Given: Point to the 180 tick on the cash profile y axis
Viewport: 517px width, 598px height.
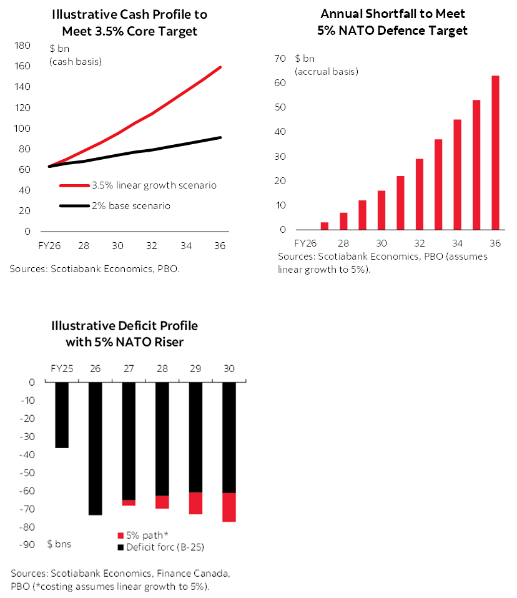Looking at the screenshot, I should tap(23, 46).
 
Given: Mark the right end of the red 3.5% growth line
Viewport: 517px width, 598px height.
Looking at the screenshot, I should tap(220, 67).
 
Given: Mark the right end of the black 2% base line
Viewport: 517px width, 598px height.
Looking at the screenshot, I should tap(220, 137).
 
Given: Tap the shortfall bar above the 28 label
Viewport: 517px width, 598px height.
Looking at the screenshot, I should tap(343, 221).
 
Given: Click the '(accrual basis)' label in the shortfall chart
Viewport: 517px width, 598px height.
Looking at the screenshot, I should tap(327, 71).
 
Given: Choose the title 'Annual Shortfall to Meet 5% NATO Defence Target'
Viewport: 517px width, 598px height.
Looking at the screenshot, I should tap(393, 22).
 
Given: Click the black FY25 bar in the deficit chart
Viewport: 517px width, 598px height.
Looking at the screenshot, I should tap(61, 415).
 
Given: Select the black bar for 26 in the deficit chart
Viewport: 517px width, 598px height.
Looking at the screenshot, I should tap(95, 448).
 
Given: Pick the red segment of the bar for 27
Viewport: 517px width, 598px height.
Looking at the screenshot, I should tap(129, 502).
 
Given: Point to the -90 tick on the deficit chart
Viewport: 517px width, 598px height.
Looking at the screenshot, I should tap(26, 545).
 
